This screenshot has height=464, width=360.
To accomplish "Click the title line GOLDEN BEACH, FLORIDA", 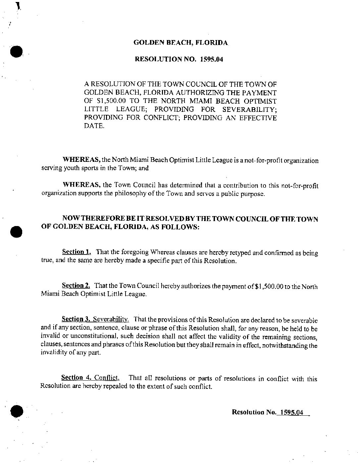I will click(180, 42).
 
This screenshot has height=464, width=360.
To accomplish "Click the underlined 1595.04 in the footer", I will click(291, 413).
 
